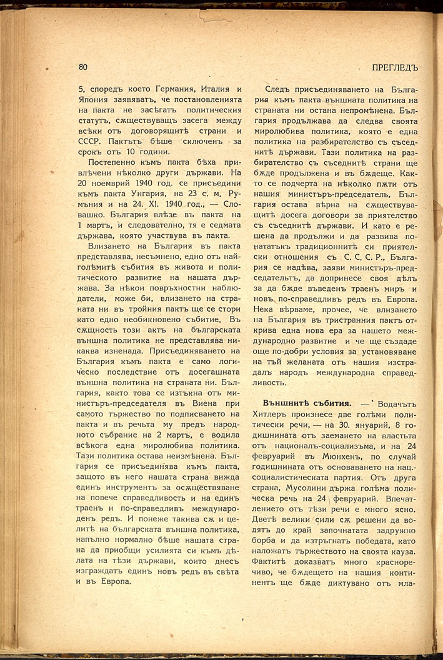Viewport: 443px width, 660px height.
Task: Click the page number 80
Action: tap(83, 67)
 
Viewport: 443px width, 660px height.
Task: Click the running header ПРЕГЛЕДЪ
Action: tap(394, 67)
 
